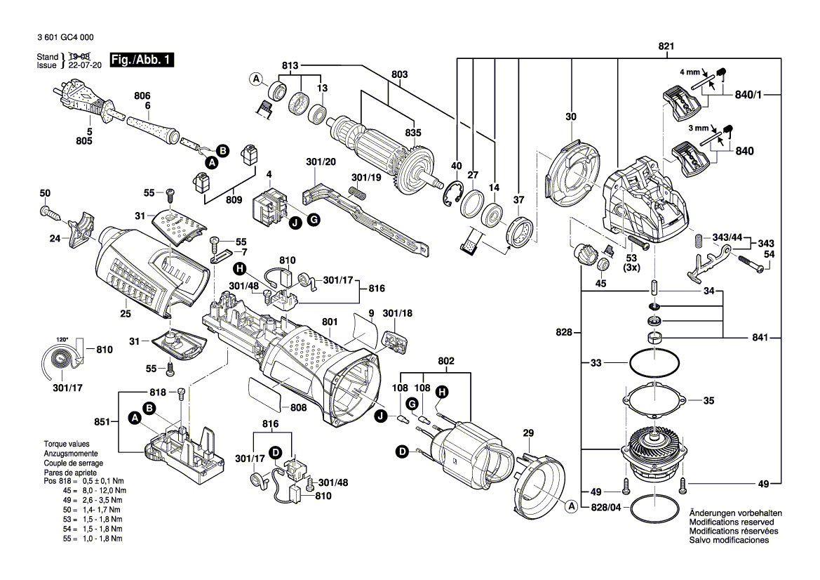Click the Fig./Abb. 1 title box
click(x=141, y=60)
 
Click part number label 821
click(x=666, y=47)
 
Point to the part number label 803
click(x=399, y=74)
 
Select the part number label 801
click(x=330, y=322)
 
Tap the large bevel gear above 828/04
click(x=653, y=449)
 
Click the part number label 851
click(x=102, y=421)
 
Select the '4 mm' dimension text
click(x=689, y=72)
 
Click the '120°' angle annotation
click(x=62, y=339)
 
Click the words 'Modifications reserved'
click(x=732, y=522)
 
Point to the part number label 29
click(x=528, y=434)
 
